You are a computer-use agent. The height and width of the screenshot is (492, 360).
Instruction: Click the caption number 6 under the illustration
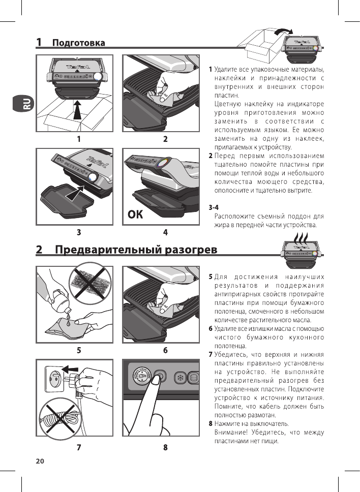click(166, 350)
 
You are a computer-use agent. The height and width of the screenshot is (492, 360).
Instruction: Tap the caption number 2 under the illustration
click(165, 138)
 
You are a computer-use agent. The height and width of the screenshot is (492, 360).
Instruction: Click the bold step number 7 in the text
click(210, 354)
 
